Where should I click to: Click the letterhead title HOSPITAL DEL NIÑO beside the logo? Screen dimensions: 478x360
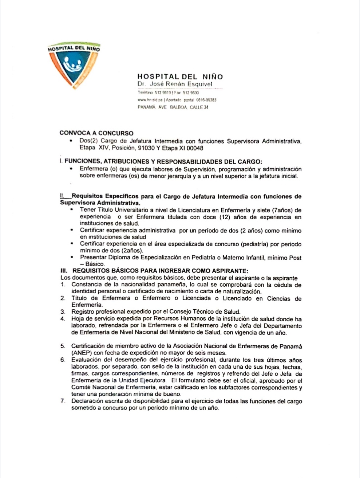coord(180,77)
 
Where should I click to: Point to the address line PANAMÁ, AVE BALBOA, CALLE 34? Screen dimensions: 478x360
coord(173,107)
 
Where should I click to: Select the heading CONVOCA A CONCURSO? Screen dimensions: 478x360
coord(96,133)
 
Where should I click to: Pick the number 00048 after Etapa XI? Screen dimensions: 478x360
coord(196,148)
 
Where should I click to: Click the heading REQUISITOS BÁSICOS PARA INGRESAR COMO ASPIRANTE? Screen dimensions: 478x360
coord(160,271)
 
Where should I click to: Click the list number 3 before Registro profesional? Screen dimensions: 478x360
coord(63,312)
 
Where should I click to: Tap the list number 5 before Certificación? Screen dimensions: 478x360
coord(63,346)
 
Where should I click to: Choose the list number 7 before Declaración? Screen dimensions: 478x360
coord(63,401)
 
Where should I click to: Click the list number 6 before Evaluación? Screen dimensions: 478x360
coord(63,360)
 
